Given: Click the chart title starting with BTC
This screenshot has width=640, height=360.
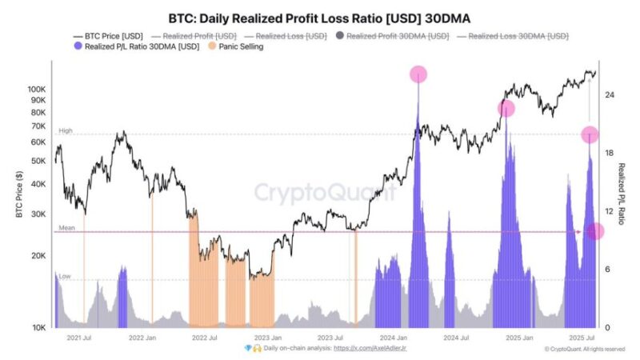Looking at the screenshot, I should tap(319, 18).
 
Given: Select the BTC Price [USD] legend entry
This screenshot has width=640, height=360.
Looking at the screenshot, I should tap(109, 36).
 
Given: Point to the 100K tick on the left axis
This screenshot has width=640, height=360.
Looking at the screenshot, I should tap(38, 90).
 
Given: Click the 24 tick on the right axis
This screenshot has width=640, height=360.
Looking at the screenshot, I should tap(609, 95).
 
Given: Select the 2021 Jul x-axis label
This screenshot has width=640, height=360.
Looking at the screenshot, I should tap(80, 338).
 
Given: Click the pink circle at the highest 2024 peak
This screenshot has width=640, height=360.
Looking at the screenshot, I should tap(418, 74).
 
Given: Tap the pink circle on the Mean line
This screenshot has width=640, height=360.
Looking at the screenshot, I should tap(595, 231).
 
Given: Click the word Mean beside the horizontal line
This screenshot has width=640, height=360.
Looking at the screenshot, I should tap(66, 228).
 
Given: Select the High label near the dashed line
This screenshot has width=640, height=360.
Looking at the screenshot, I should tap(66, 130).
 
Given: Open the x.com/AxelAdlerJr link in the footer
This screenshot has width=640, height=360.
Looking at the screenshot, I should tap(375, 349).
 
